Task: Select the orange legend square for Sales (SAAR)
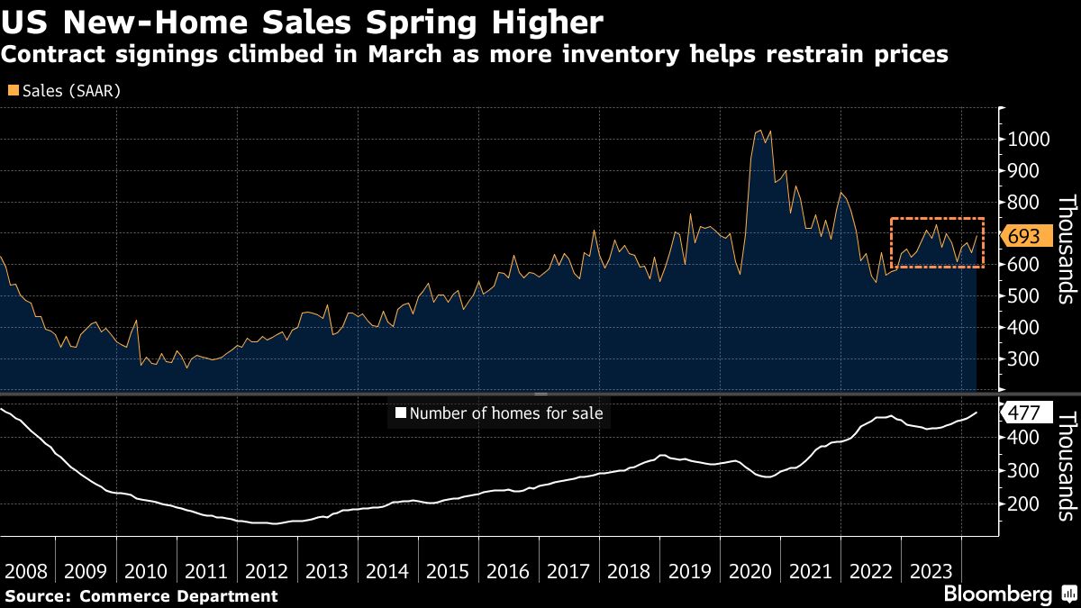click(13, 91)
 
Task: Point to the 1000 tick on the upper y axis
click(1025, 140)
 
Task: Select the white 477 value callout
click(1023, 413)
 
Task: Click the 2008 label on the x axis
click(26, 571)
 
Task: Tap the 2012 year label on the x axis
click(268, 571)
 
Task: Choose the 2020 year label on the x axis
click(750, 571)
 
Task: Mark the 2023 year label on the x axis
click(931, 571)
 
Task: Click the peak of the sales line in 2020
click(761, 131)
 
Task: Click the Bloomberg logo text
click(997, 594)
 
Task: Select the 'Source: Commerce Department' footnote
click(141, 595)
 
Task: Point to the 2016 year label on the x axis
click(509, 571)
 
